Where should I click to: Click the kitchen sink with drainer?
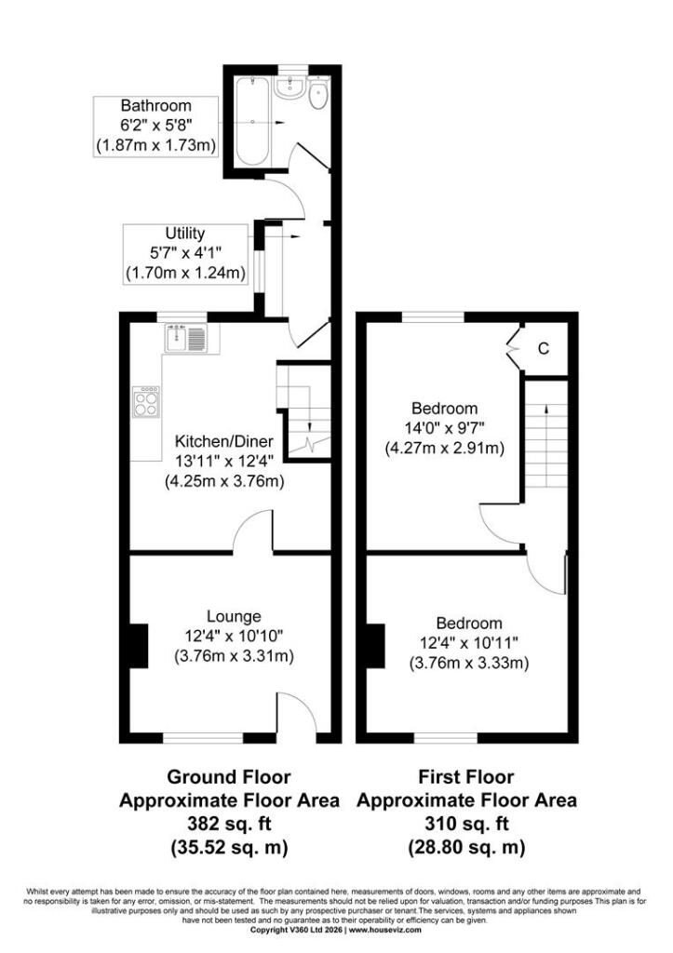coord(185,338)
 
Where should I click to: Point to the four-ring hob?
coord(146,402)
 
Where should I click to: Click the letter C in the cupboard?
coord(544,349)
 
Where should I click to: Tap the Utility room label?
coord(185,234)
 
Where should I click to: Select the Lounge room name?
coord(234,616)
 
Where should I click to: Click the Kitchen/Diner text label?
coord(224,441)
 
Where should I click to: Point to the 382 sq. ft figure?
coord(229,824)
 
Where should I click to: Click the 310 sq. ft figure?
coord(466,824)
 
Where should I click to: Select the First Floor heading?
coord(466,777)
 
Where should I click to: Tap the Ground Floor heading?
coord(229,777)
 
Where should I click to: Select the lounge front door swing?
coord(298,713)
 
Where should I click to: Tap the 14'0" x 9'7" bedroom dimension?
coord(444,428)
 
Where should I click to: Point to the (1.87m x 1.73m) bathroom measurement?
coord(156,146)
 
